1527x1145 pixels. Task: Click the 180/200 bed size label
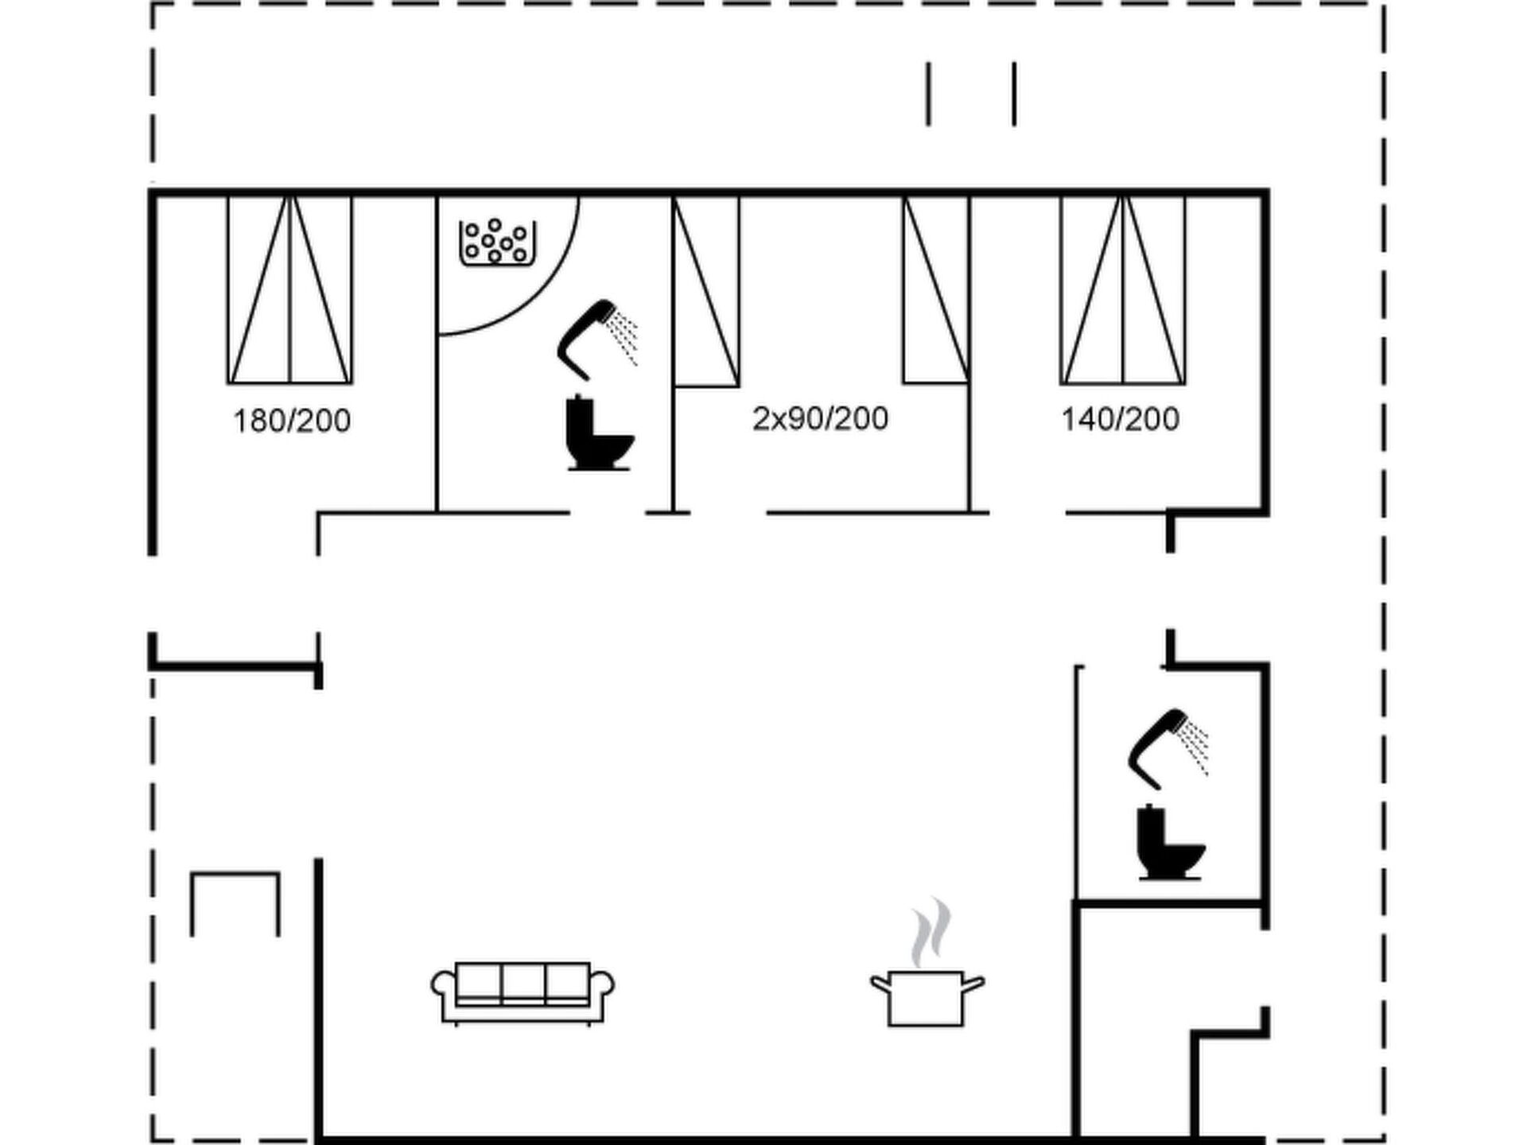tap(292, 421)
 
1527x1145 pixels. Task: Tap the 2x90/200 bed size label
tap(820, 418)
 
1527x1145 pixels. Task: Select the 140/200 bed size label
tap(1121, 419)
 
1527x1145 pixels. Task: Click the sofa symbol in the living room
tap(523, 993)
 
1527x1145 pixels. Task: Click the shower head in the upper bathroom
tap(596, 339)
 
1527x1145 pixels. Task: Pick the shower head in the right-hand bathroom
tap(1168, 748)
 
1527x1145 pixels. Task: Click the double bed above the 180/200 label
tap(290, 290)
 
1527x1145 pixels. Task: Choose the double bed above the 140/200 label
tap(1122, 290)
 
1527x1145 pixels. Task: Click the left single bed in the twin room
tap(706, 292)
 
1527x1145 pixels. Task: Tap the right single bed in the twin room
tap(936, 290)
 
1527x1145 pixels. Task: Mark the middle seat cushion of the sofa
tap(523, 982)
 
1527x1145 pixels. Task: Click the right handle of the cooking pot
tap(973, 986)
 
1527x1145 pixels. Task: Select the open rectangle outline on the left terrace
tap(235, 875)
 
